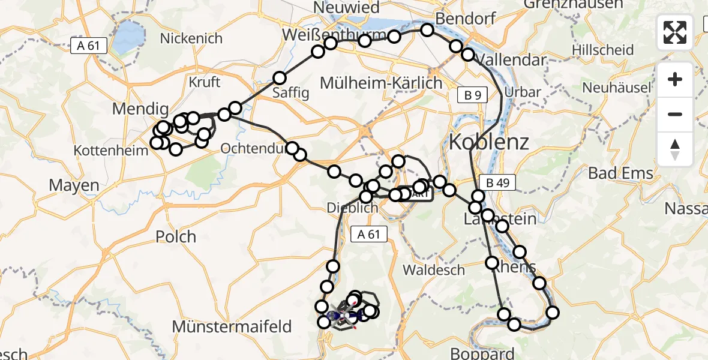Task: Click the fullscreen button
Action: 675,32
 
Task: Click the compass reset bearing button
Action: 675,149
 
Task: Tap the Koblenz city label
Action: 489,142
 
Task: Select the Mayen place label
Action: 74,185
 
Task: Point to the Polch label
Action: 176,236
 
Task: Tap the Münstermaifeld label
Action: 232,327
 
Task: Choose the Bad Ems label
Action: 620,173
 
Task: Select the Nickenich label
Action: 191,38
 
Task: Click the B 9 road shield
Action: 472,94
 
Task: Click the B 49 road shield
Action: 498,182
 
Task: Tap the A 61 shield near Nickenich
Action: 88,46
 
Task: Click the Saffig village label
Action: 291,92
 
